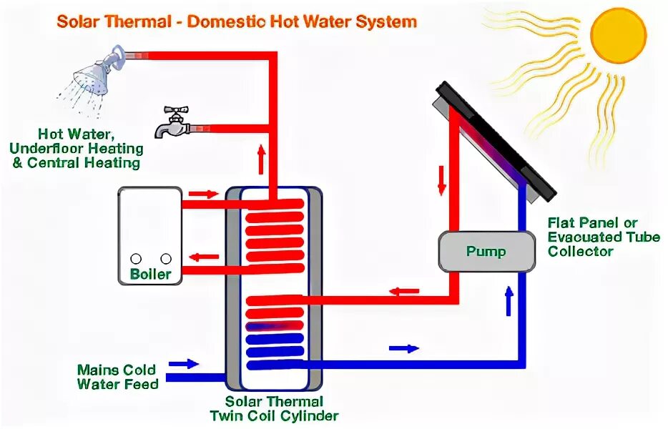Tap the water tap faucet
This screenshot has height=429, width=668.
tap(172, 122)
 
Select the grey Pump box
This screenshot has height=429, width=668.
tap(486, 252)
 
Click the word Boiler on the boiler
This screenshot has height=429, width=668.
tap(150, 275)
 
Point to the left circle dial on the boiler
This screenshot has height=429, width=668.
tap(135, 259)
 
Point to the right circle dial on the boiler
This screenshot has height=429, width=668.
tap(166, 259)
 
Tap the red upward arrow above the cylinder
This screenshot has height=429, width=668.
tap(261, 162)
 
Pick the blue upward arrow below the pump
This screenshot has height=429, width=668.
tap(509, 301)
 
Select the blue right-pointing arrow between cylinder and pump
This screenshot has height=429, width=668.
tap(403, 348)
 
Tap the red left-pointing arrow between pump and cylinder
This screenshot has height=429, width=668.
tap(404, 291)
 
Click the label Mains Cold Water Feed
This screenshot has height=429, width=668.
tap(117, 377)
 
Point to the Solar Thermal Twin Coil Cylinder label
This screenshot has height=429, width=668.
tap(274, 408)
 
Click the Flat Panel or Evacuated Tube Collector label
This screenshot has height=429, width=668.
tap(603, 237)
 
